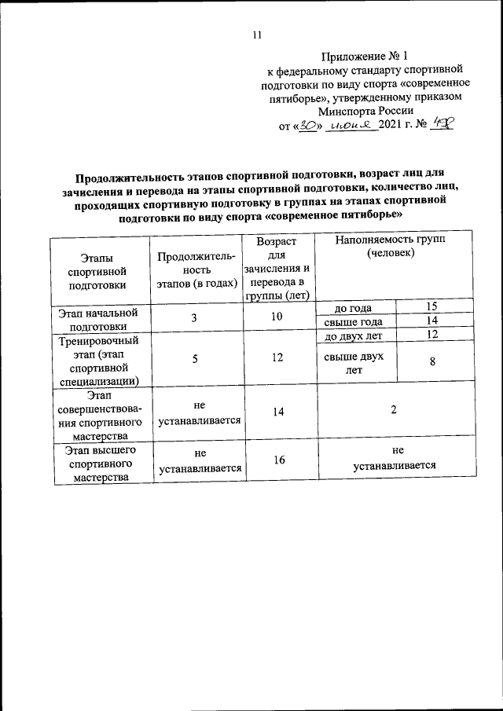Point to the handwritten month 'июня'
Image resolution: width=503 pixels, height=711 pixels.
point(351,125)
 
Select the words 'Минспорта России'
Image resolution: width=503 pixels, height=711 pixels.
point(360,111)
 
